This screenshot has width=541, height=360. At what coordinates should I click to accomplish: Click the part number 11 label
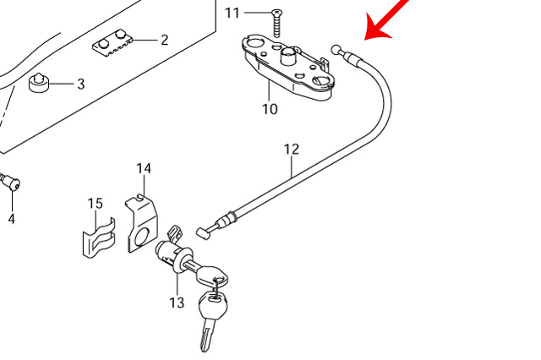click(232, 13)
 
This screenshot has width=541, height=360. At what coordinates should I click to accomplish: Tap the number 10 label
click(270, 109)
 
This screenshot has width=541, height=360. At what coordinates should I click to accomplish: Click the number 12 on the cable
click(292, 150)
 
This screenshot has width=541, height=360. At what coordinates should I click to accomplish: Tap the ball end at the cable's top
click(337, 49)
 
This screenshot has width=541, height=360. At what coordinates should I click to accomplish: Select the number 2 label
click(164, 40)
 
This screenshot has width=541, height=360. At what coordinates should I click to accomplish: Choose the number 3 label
click(81, 84)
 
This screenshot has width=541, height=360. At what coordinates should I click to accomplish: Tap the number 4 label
click(12, 220)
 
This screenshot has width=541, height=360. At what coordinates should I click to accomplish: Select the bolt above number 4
click(11, 182)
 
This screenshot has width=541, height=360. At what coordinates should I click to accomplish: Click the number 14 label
click(144, 168)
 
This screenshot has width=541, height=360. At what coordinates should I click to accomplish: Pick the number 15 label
click(95, 203)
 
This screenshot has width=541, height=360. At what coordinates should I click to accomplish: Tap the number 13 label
click(176, 303)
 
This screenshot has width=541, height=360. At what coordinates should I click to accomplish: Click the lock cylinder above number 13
click(172, 254)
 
